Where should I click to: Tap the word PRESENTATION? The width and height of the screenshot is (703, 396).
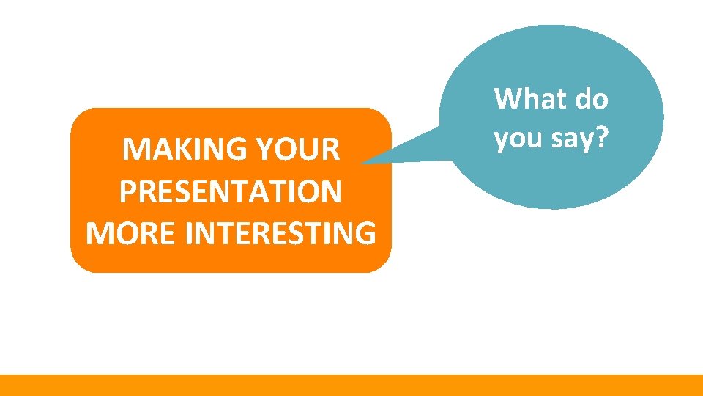(x=230, y=192)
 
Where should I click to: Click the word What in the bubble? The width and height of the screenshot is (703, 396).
(x=530, y=98)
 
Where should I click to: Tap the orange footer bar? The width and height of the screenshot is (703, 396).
(x=351, y=385)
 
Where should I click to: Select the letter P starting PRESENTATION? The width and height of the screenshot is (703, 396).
(x=126, y=192)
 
